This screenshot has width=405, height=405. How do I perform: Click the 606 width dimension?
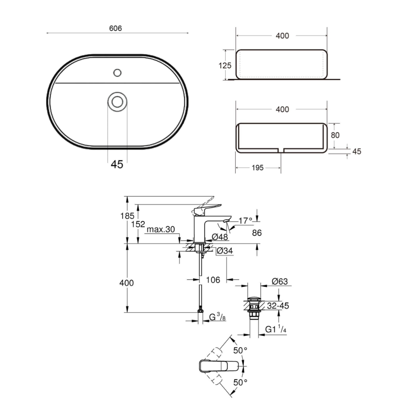pos(115,28)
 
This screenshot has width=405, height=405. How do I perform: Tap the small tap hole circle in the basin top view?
pos(117,73)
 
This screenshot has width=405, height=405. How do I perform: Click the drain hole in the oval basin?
pos(117,102)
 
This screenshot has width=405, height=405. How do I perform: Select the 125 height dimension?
pos(225,66)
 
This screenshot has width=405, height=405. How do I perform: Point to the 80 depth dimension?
pos(335,135)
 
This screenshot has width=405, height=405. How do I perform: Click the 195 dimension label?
pos(258,168)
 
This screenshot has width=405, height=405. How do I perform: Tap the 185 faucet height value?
pos(127,216)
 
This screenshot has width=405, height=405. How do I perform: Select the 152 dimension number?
pos(138,224)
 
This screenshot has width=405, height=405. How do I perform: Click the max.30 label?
pos(161,229)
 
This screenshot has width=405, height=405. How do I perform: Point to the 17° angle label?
pos(245,221)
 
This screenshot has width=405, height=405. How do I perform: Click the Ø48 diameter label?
pos(220,237)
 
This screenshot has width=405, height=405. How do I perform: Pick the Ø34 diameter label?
pos(225,251)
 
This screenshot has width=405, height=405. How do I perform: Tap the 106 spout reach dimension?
pos(213,280)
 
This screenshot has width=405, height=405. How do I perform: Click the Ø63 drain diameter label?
pos(280,281)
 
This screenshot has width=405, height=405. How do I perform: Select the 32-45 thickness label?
pos(278,306)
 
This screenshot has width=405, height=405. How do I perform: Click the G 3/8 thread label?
pos(217,317)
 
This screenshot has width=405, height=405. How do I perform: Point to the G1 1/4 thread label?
pos(276,329)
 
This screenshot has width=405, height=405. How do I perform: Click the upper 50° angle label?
pos(240,350)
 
